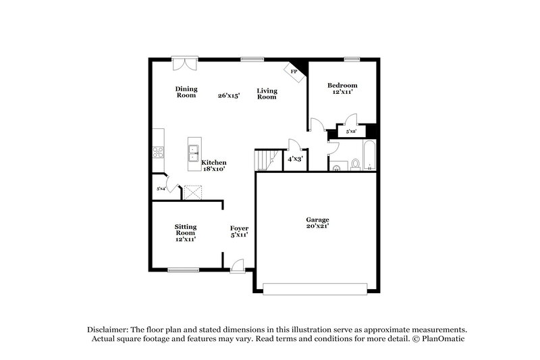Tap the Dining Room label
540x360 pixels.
186,92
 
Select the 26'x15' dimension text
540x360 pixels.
230,95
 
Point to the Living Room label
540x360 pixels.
267,94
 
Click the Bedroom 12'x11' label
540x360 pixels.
342,88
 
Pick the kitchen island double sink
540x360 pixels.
194,151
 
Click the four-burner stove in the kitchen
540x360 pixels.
158,152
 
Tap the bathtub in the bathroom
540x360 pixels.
369,156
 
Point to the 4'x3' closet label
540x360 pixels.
295,159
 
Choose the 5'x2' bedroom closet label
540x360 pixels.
351,132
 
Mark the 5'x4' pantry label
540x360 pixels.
161,188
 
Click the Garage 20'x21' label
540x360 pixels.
317,224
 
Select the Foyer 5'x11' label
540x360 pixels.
239,232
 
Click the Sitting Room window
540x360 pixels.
183,270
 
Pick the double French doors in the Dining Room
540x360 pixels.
184,63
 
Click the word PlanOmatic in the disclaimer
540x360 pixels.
442,338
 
